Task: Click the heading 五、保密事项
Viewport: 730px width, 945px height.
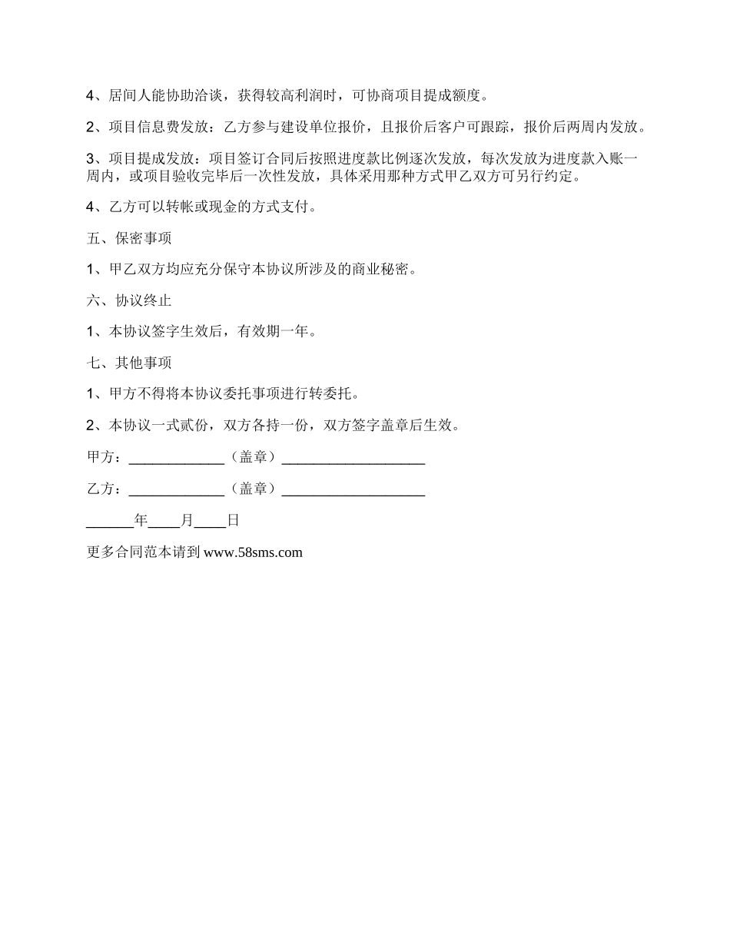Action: click(129, 239)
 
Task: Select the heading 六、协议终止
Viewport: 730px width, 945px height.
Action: click(129, 301)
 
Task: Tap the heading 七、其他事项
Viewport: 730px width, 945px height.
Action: click(129, 363)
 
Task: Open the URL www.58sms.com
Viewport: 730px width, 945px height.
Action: click(254, 552)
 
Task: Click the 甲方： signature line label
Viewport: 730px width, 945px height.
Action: click(105, 458)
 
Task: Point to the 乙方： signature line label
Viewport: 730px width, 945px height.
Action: click(105, 489)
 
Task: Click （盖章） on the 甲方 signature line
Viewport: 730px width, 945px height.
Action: click(253, 458)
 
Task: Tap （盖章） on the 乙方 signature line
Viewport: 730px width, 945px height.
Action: click(253, 489)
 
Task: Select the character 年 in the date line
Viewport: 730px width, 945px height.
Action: click(141, 521)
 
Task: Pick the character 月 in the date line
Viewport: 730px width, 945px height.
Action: click(187, 521)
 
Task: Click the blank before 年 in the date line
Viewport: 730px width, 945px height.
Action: click(110, 522)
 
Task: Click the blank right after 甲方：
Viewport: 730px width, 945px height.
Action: click(176, 460)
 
